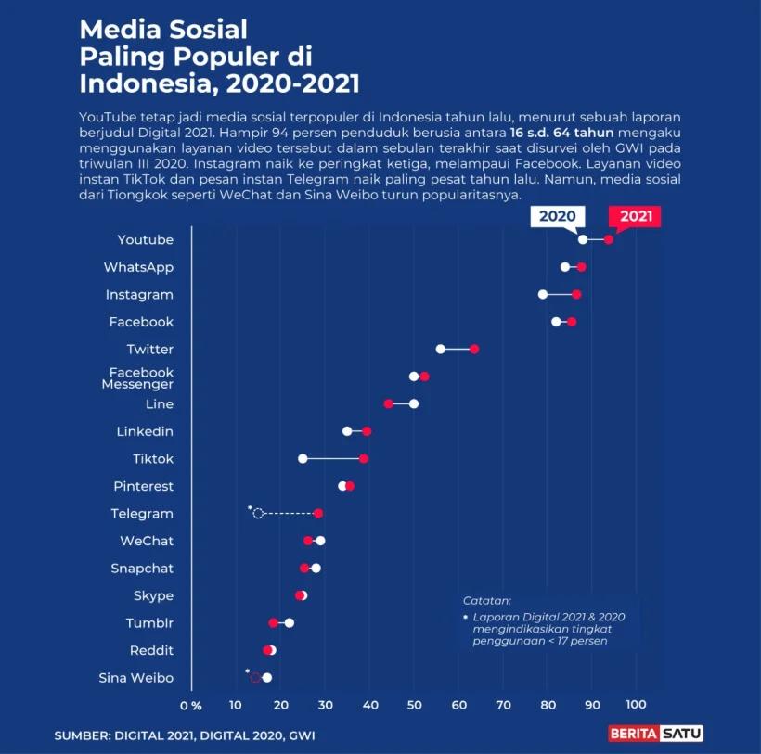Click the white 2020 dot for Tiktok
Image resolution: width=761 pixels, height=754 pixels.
click(x=303, y=459)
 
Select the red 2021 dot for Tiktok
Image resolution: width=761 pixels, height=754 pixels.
click(x=364, y=459)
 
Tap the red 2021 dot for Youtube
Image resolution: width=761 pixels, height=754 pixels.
click(x=609, y=239)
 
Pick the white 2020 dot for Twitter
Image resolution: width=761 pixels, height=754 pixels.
click(x=441, y=349)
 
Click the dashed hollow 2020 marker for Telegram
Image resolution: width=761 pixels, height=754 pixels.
click(x=258, y=513)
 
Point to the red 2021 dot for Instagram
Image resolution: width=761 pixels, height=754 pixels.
click(x=576, y=294)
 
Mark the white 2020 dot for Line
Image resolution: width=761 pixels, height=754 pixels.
click(x=414, y=403)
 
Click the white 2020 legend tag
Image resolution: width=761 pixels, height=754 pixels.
click(x=557, y=217)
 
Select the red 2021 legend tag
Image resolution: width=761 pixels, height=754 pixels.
click(x=636, y=217)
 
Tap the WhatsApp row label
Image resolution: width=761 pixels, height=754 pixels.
click(x=138, y=267)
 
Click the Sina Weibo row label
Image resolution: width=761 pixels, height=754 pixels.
click(x=135, y=678)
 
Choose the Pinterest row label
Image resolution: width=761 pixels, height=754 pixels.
click(x=143, y=486)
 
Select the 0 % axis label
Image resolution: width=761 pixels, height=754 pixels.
click(x=190, y=707)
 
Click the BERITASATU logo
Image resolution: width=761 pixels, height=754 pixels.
click(x=655, y=734)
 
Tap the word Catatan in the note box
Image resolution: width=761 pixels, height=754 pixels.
click(x=486, y=601)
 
